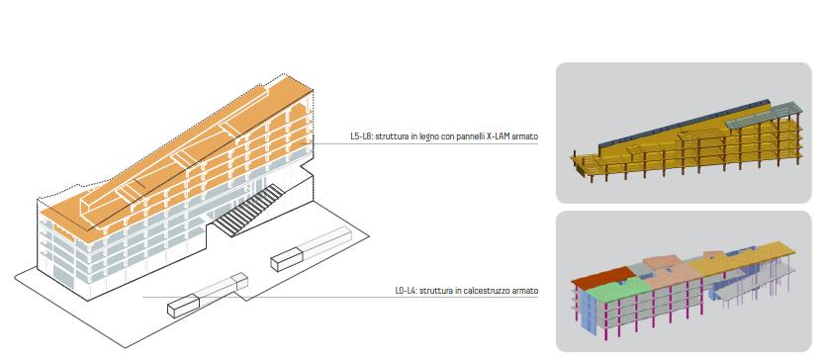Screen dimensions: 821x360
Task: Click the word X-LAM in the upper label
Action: coord(494,136)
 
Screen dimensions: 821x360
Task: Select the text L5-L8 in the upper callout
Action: coord(361,136)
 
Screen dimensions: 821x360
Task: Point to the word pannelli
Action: coord(465,137)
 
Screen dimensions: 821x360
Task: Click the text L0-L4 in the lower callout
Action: coord(406,291)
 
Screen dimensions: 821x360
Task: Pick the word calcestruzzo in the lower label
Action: coord(485,291)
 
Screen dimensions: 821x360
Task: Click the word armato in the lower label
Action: coord(524,291)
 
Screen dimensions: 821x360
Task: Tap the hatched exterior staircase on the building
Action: coord(248,211)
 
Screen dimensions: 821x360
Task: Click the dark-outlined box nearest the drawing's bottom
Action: coord(183,306)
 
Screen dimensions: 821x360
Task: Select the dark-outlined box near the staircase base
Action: coord(287,260)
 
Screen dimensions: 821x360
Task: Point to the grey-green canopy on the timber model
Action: coord(764,114)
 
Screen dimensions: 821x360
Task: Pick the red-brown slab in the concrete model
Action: coord(603,277)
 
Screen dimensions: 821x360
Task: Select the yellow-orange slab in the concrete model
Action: coord(744,256)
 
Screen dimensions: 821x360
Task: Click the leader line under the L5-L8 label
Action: coord(425,143)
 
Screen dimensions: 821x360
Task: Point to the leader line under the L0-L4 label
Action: coord(340,298)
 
